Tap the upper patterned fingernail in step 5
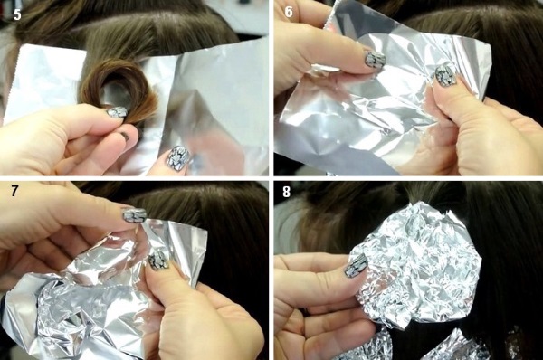click(x=117, y=112)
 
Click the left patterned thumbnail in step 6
click(x=375, y=60)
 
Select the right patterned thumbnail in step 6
click(x=444, y=76)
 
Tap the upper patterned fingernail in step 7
click(x=135, y=214)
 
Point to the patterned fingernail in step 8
click(x=357, y=265)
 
